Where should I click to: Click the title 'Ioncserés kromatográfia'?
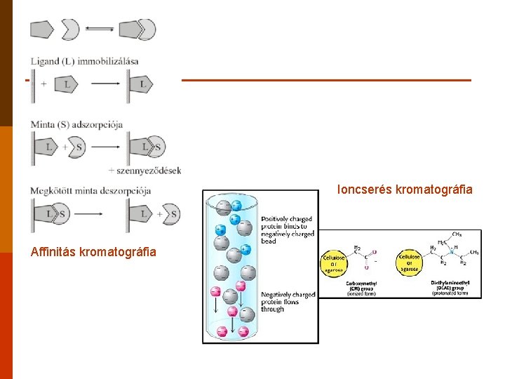click(405, 189)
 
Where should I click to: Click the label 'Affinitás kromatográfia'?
click(93, 252)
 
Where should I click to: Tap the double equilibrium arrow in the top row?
click(99, 29)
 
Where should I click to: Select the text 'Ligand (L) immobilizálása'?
click(84, 61)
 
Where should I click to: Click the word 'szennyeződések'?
click(149, 170)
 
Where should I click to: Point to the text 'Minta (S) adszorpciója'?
click(76, 124)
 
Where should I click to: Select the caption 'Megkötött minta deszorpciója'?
click(90, 191)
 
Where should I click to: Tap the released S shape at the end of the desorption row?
click(171, 214)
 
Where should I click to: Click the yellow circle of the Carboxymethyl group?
click(334, 262)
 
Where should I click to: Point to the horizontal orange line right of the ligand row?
click(326, 80)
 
